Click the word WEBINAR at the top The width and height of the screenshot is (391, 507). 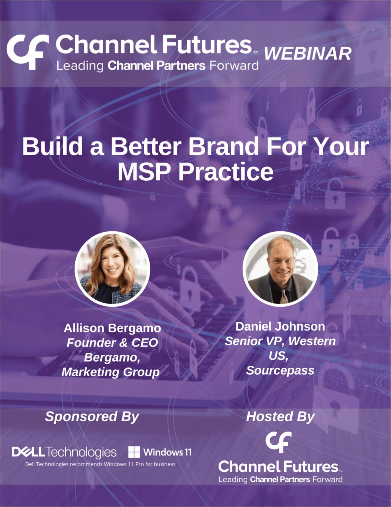308,53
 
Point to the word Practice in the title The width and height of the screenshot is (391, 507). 225,172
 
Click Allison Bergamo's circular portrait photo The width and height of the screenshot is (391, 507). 112,269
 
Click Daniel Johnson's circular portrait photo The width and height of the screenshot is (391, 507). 280,269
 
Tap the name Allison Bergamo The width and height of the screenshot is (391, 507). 112,328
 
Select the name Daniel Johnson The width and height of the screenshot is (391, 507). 280,326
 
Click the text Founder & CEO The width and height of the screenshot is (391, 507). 112,343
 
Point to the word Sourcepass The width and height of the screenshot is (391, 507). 280,370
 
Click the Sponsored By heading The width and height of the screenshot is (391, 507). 92,416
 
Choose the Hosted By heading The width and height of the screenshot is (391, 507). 280,416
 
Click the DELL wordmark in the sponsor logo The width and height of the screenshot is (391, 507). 28,452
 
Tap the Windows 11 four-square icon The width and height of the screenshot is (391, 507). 134,452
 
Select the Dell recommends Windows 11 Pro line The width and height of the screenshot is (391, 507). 100,464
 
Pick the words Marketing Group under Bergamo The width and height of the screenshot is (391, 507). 111,372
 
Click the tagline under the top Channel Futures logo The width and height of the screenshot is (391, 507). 157,66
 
